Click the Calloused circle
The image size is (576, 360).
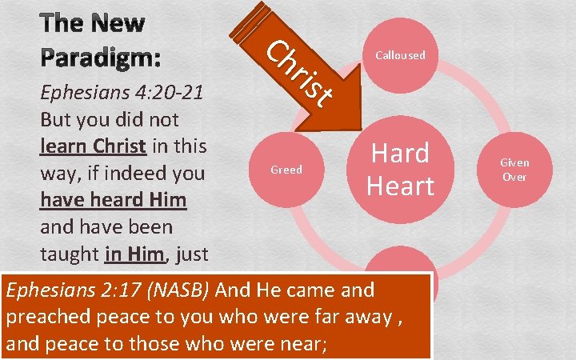(400, 55)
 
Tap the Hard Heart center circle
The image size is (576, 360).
(400, 169)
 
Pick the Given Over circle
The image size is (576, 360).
(514, 169)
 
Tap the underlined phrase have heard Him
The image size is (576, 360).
(112, 200)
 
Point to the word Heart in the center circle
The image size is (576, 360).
(400, 186)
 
